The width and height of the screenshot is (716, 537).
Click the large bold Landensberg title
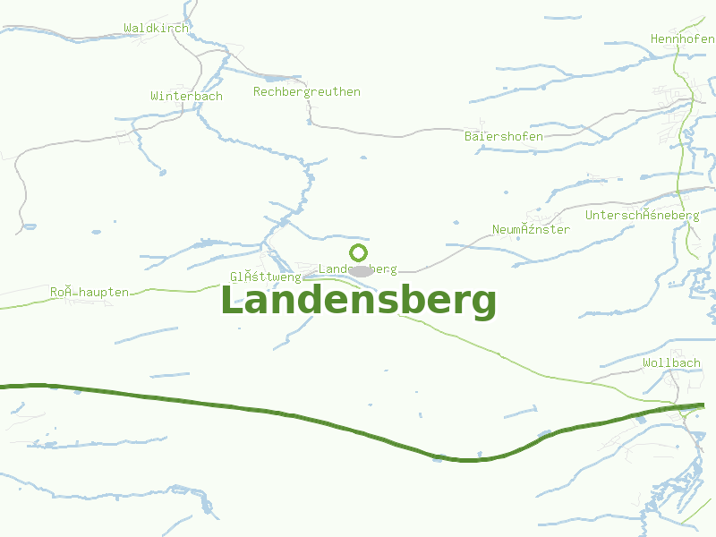click(x=358, y=302)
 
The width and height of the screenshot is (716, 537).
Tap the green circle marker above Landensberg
click(x=359, y=252)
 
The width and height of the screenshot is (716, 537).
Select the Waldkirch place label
click(x=157, y=28)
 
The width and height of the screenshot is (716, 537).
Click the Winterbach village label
click(x=186, y=96)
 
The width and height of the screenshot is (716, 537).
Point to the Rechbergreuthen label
click(x=307, y=91)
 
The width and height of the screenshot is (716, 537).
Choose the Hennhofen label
click(x=682, y=38)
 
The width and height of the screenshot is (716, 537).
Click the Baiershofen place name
click(x=503, y=136)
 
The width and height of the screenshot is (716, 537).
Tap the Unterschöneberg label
click(x=642, y=215)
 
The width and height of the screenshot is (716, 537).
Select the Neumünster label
click(x=531, y=229)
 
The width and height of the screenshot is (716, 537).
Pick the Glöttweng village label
click(x=265, y=277)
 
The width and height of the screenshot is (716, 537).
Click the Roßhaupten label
click(x=89, y=292)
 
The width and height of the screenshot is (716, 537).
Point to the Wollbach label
click(x=671, y=362)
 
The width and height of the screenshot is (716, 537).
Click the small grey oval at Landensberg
click(x=361, y=270)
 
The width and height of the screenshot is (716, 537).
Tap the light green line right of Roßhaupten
click(x=179, y=290)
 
